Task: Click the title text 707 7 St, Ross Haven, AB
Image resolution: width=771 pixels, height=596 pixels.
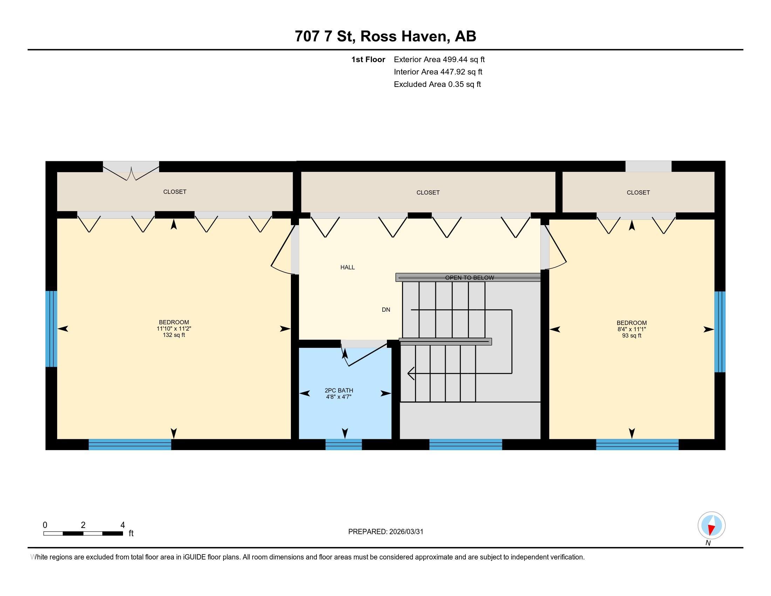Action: tap(385, 36)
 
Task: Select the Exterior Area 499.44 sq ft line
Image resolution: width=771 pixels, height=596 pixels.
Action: tap(439, 59)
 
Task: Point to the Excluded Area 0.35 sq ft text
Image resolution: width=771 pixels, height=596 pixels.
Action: tap(437, 84)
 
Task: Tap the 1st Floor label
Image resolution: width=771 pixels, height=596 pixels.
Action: tap(368, 59)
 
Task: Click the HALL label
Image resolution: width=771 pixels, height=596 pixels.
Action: tap(347, 267)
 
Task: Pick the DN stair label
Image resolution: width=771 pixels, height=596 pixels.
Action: tap(386, 310)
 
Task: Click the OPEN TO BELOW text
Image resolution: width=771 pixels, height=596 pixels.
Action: tap(469, 278)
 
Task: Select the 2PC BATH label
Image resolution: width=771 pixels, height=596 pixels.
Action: tap(339, 390)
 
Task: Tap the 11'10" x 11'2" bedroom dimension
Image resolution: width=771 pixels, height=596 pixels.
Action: tap(174, 329)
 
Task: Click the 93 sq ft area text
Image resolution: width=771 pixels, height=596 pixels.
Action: tap(632, 336)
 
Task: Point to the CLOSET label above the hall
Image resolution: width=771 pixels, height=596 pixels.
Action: tap(428, 192)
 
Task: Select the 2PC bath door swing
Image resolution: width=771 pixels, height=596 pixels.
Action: tap(364, 355)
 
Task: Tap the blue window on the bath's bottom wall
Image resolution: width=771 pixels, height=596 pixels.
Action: tap(343, 444)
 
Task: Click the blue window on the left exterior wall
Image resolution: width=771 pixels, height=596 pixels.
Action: tap(51, 329)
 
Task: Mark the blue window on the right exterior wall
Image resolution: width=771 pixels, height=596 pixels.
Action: tap(719, 332)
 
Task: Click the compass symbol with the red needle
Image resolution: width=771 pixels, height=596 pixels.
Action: tap(711, 526)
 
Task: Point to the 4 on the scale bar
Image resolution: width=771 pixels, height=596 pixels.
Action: tap(123, 525)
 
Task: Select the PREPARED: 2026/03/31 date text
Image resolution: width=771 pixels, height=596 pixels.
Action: tap(385, 532)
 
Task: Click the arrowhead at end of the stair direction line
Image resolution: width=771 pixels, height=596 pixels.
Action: tap(410, 373)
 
